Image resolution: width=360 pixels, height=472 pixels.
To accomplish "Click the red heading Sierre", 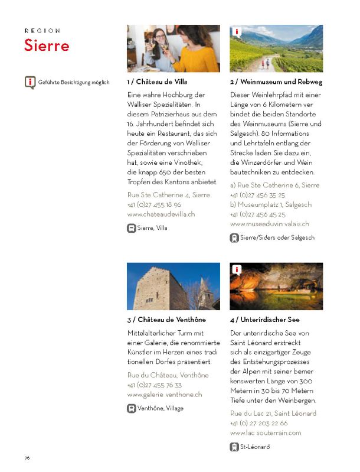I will coord(47,45).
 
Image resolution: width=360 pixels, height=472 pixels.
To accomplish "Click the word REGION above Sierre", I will coord(42,30).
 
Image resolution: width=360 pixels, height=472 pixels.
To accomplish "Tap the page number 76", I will coord(27,458).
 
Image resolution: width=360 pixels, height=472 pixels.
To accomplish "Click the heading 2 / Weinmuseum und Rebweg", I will coord(276,82).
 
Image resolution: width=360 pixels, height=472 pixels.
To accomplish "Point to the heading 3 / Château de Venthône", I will coord(166,320).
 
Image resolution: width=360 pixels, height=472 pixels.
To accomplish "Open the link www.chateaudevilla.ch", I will coord(161,214).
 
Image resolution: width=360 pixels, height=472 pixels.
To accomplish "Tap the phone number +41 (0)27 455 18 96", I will coord(154,204).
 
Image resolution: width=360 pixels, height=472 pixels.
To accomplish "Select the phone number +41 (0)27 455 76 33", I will coord(154,385).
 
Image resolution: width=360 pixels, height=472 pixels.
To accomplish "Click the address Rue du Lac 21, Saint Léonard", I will coord(273,414).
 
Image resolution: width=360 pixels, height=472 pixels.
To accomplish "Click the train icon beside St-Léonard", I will coord(234,447).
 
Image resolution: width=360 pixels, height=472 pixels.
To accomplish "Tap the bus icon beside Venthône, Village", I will coord(132,408).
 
